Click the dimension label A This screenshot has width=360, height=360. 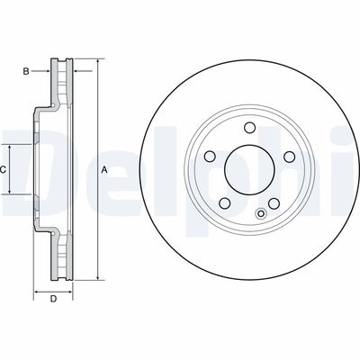pos(104,170)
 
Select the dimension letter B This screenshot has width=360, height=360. pos(26,68)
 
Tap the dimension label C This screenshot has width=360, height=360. pos(4,169)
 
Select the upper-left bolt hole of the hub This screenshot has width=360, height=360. pos(209,157)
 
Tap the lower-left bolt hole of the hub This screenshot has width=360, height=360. pos(223,202)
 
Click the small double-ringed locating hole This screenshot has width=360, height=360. pos(260,214)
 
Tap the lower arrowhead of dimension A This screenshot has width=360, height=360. pos(93,280)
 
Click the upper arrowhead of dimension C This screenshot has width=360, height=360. pos(13,147)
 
